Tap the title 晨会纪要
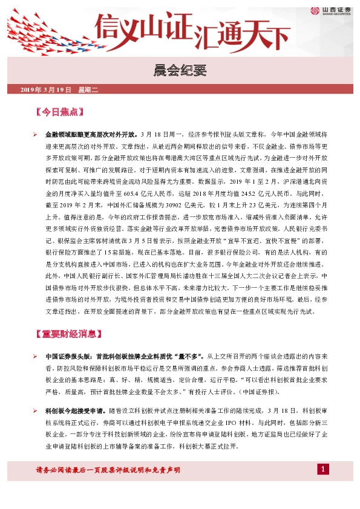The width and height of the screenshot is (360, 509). [180, 69]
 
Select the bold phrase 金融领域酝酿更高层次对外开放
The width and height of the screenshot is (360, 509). [91, 134]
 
